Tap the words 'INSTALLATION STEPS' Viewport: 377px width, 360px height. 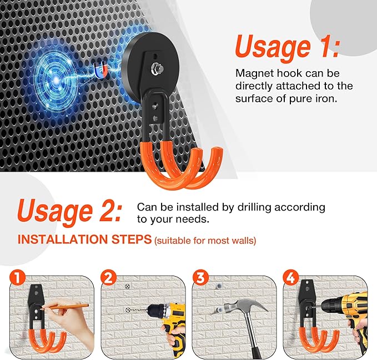[x=84, y=240]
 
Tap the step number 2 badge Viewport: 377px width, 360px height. [x=108, y=276]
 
